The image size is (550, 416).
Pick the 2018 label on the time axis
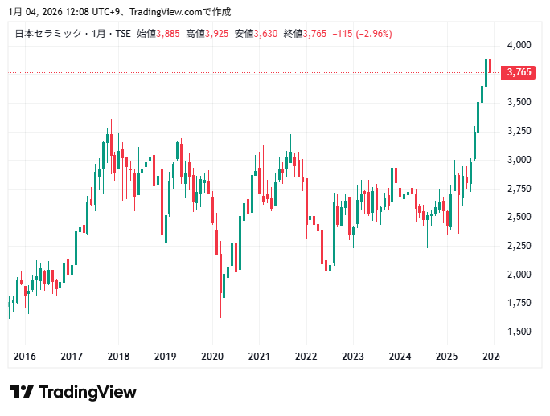click(x=118, y=357)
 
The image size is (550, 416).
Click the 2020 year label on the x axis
click(x=211, y=357)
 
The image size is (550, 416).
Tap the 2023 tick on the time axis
click(x=352, y=357)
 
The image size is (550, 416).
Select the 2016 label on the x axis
click(x=25, y=357)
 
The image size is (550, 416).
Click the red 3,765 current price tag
click(x=517, y=73)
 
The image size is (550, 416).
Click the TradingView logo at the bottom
click(x=73, y=392)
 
